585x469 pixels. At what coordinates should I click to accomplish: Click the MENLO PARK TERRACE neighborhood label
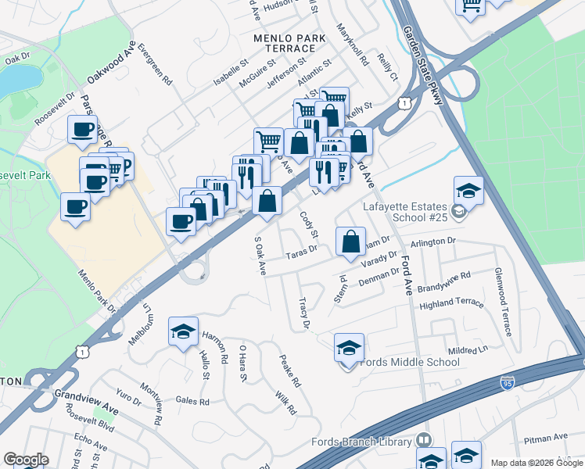285,43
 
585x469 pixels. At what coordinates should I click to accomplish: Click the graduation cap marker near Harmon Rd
183,331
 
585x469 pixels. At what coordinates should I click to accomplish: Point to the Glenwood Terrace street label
501,302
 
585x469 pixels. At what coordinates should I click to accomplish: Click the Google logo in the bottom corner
26,460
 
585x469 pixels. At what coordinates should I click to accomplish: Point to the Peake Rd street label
290,371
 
